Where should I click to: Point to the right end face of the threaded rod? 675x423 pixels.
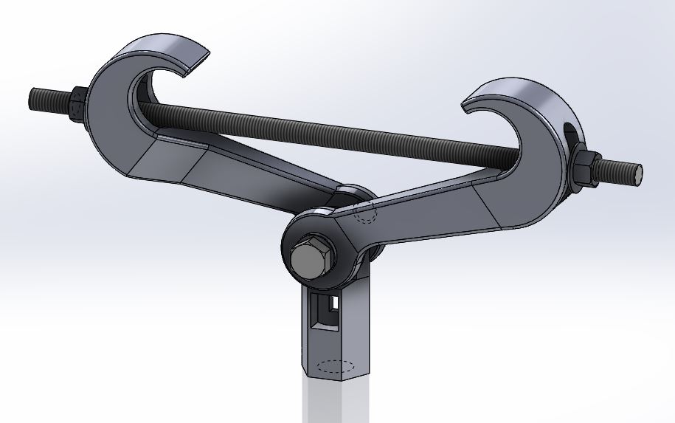(637, 173)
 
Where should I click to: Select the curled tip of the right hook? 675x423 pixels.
(476, 104)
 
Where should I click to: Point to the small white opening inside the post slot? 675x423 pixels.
(334, 303)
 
